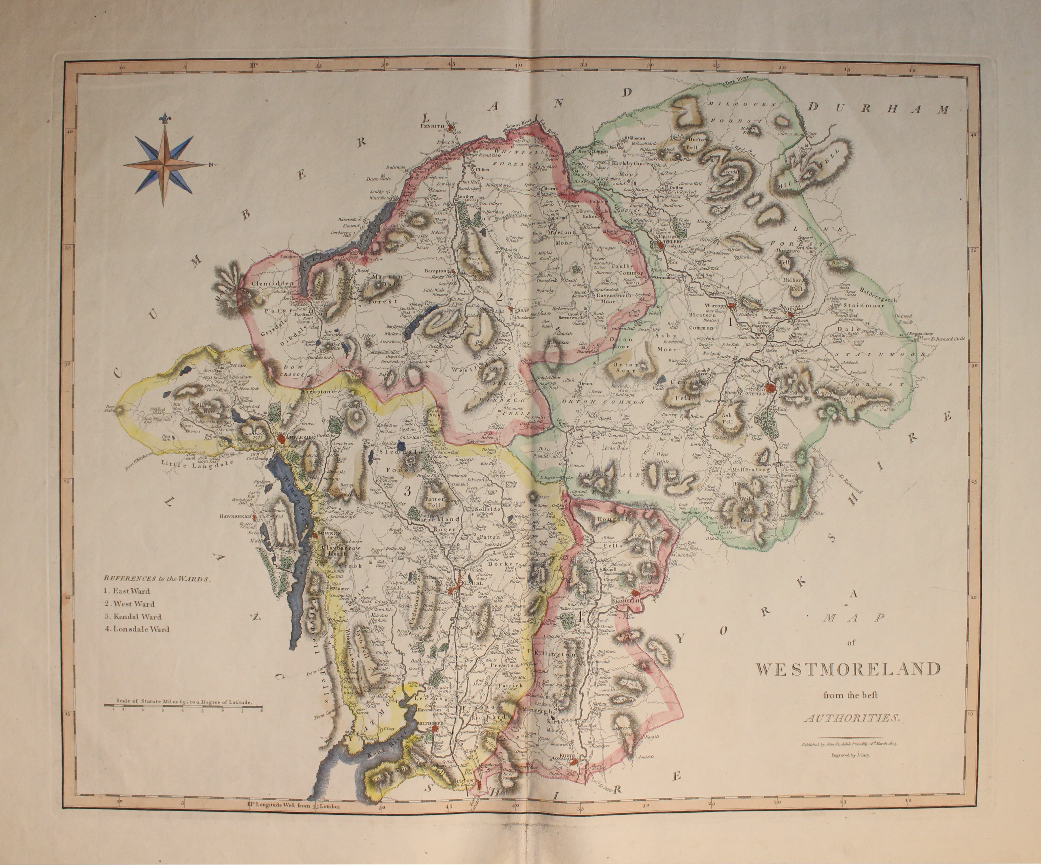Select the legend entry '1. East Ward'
coord(127,591)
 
